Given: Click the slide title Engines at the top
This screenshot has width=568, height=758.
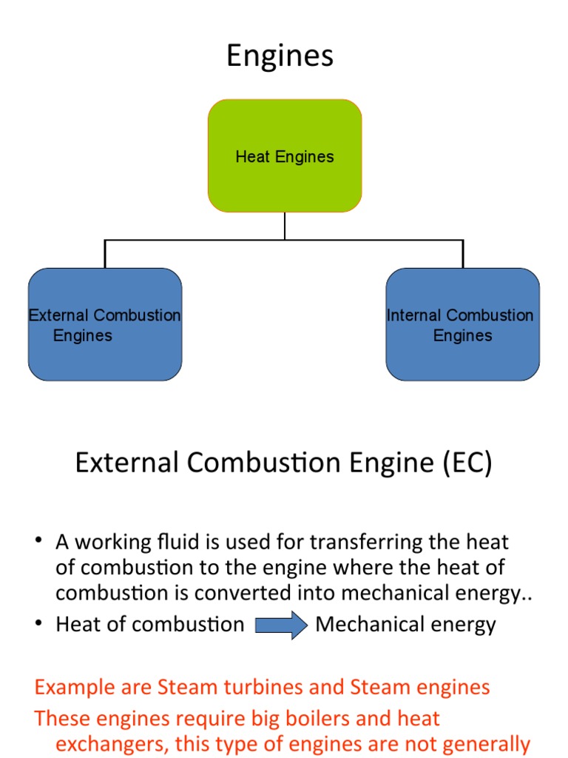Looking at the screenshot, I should (x=280, y=56).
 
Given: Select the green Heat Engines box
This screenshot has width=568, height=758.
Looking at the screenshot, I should (x=285, y=156).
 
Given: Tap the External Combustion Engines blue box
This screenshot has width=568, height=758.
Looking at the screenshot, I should (x=105, y=325).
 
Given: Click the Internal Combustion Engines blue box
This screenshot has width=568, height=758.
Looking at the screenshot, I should (x=462, y=325).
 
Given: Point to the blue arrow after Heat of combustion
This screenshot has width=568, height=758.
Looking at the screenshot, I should (x=280, y=625).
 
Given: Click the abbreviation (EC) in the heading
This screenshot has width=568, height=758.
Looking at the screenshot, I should (x=467, y=463).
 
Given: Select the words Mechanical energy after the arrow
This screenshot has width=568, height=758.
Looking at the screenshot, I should (x=405, y=625).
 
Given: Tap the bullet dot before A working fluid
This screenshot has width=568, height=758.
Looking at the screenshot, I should (x=38, y=542).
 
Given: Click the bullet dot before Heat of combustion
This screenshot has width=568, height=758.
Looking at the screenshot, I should (x=38, y=624).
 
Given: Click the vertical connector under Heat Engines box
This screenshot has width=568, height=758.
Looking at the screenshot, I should (x=285, y=226).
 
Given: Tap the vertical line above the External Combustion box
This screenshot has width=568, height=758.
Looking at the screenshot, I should (x=105, y=254).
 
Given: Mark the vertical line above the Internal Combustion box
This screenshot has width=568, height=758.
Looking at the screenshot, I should (x=463, y=254).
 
